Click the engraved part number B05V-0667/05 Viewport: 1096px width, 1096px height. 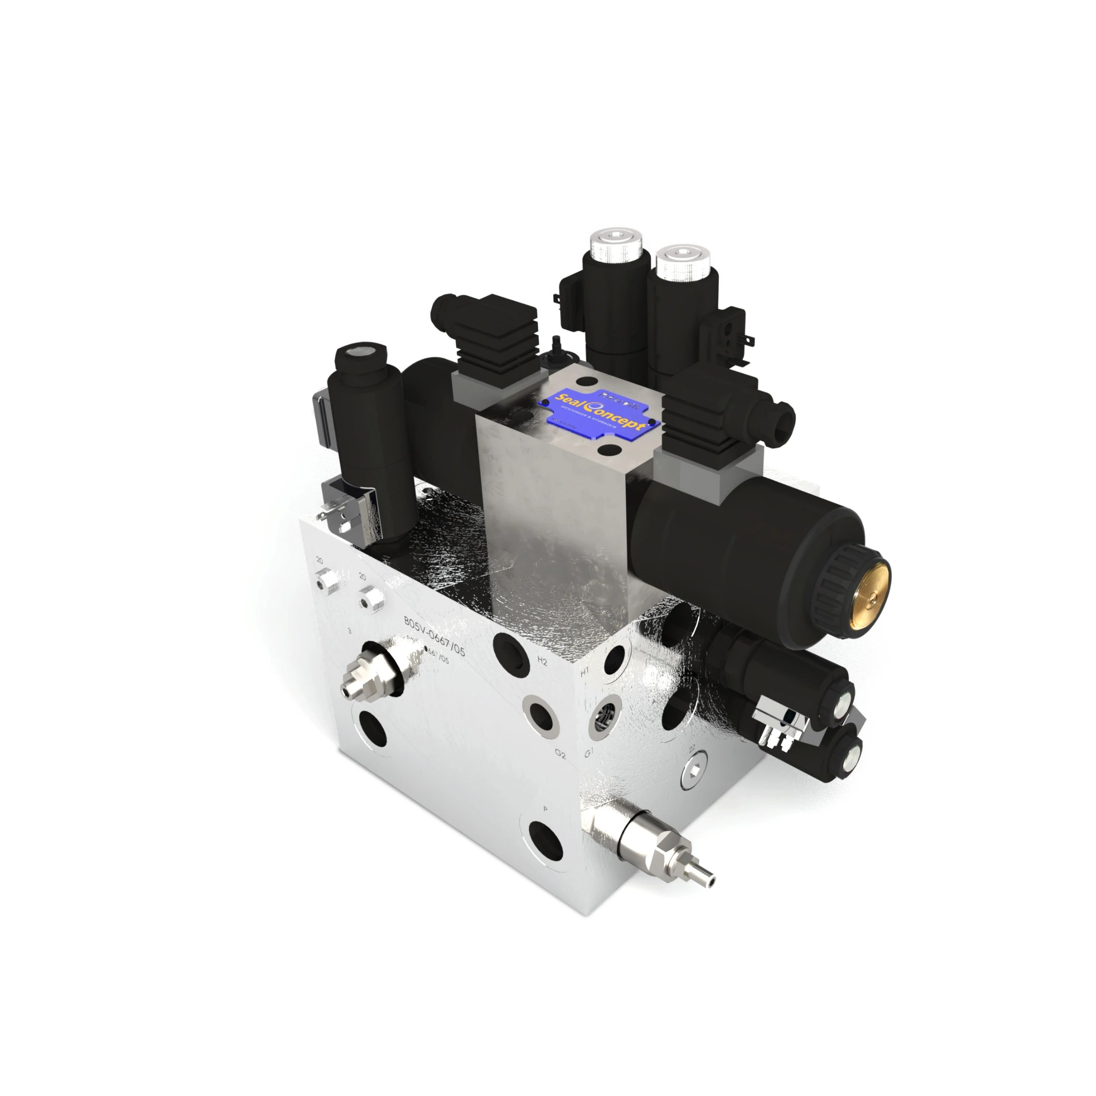click(x=434, y=635)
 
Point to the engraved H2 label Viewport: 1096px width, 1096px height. click(x=542, y=661)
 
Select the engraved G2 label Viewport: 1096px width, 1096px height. click(x=560, y=754)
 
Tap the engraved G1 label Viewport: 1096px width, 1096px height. click(x=589, y=753)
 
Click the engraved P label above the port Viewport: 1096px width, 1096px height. click(x=545, y=810)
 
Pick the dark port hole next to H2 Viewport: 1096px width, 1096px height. click(x=509, y=652)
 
